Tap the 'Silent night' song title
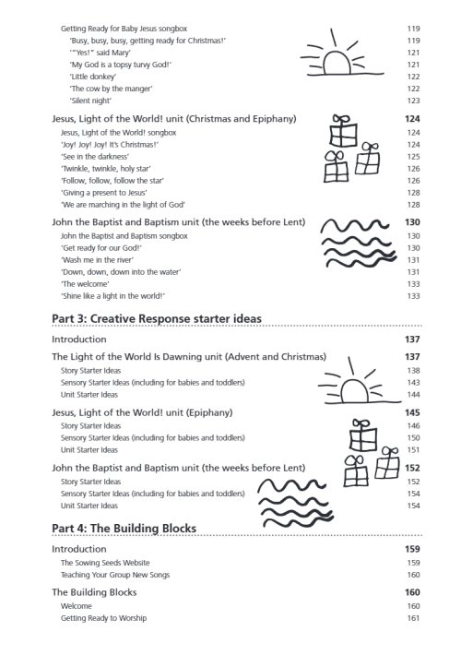click(91, 101)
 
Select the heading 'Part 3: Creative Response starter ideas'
click(157, 318)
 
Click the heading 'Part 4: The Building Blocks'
click(124, 528)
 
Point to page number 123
click(413, 101)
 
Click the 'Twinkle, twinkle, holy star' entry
click(104, 169)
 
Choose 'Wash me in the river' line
click(97, 260)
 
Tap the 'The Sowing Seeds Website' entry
click(105, 562)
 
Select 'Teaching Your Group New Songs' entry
click(115, 575)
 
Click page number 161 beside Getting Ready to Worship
click(413, 618)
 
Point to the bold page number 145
click(412, 411)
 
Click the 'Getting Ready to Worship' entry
click(103, 618)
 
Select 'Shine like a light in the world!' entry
click(112, 296)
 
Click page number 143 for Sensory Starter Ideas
click(413, 382)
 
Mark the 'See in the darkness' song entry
click(94, 157)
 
